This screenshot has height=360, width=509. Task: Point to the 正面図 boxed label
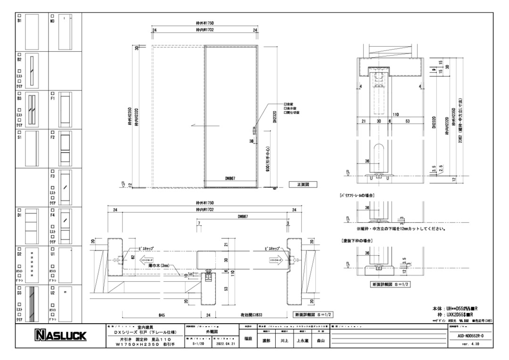(x=302, y=185)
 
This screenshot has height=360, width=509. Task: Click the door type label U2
(x=52, y=293)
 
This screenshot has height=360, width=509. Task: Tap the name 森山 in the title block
(x=320, y=340)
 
